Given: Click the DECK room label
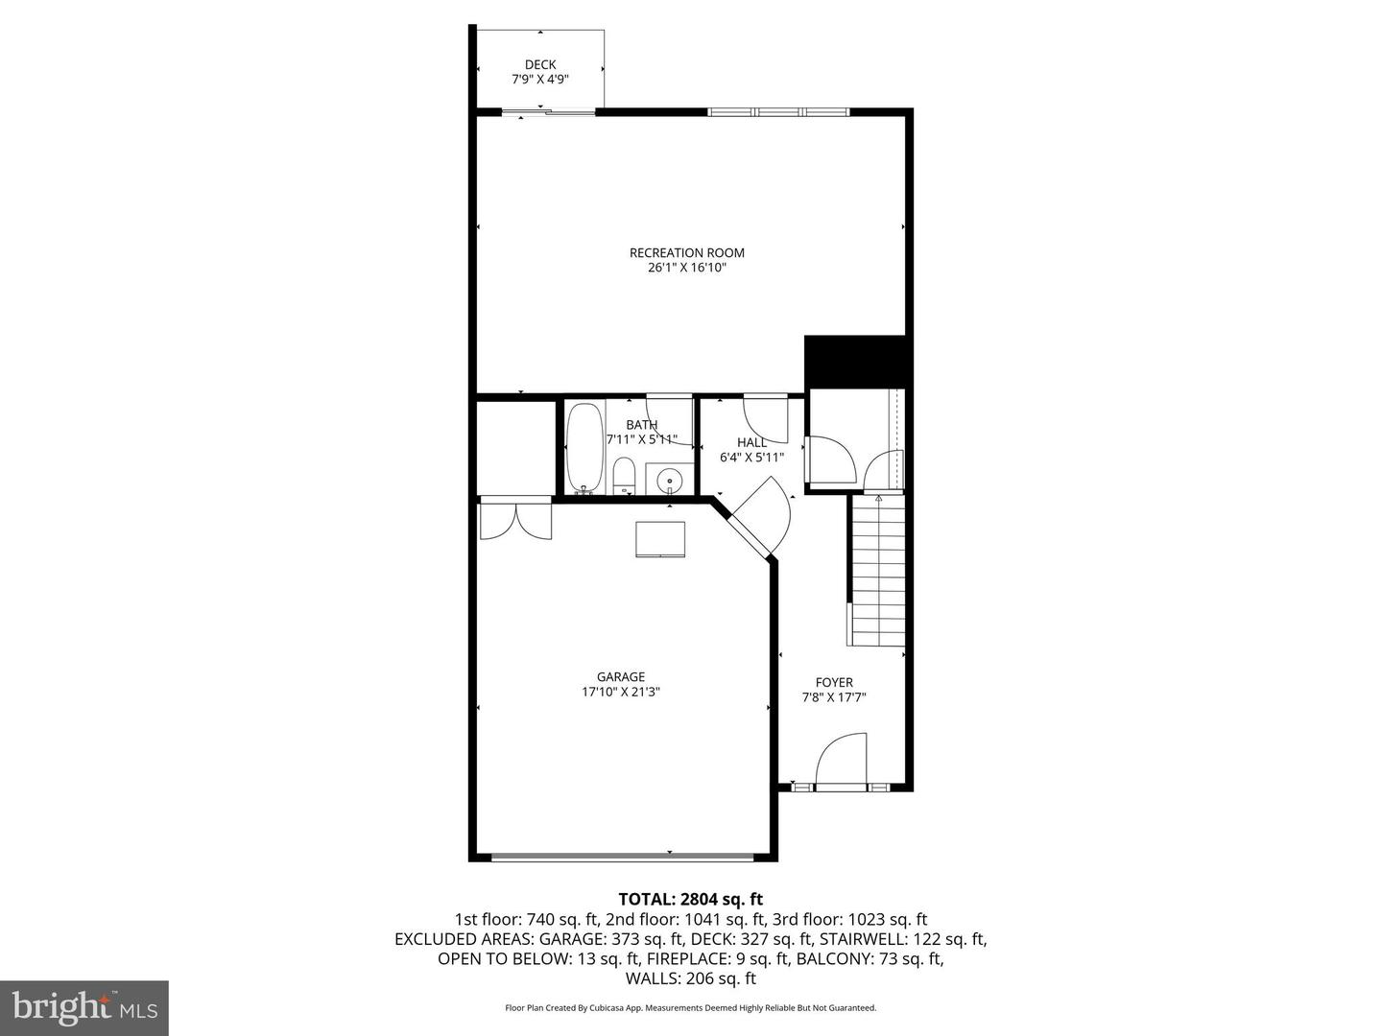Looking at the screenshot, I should pos(540,65).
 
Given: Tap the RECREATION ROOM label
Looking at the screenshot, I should pos(687,253).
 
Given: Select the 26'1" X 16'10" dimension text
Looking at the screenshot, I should pos(687,269).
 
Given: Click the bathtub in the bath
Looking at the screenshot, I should pos(585,448).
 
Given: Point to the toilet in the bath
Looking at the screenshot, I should pos(624,476).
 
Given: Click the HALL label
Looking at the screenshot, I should pos(752,442).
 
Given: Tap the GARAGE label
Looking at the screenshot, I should pos(621,676).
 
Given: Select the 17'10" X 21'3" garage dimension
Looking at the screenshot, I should pos(621,692).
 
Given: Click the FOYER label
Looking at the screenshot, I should pos(834,683).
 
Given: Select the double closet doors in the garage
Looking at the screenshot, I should pos(516,521).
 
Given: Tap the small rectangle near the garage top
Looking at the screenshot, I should pos(660,539).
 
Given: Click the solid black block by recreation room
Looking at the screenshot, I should pos(855,362).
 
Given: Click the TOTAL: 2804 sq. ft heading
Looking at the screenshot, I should pos(691,900).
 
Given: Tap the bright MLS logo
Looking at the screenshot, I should pos(83,1007).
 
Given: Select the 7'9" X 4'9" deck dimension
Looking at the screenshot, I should pos(540,81).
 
